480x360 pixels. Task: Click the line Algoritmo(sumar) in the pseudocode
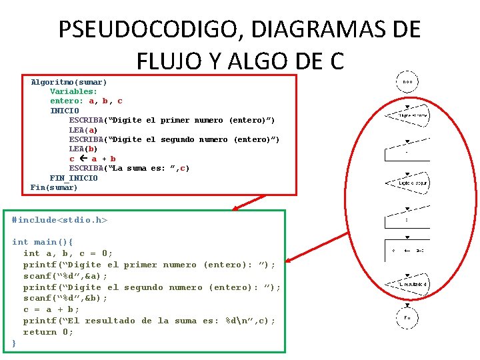[69, 82]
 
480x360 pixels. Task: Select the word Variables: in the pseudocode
[73, 91]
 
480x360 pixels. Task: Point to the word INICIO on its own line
[65, 111]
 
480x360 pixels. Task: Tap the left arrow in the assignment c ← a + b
[83, 159]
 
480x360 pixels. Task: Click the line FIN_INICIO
[73, 178]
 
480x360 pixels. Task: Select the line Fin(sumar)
[54, 187]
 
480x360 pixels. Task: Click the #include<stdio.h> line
[59, 220]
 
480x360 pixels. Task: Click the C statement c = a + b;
[51, 309]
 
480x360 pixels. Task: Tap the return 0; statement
[49, 332]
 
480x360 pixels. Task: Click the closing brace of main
[14, 343]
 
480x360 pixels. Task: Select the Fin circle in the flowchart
[407, 318]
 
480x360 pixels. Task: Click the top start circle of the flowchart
[407, 82]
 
